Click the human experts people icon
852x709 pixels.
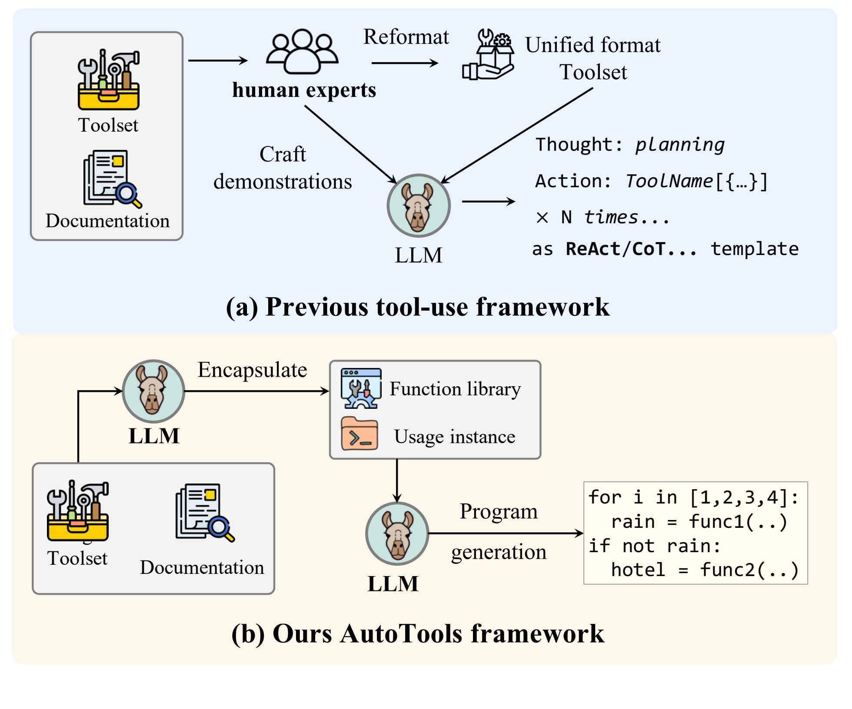(302, 51)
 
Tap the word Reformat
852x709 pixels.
(406, 37)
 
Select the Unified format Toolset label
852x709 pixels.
(592, 58)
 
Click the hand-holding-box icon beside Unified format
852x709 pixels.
(488, 55)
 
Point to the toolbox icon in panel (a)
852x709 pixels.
(108, 80)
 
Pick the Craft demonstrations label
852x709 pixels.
(283, 168)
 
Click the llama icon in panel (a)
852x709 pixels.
(419, 206)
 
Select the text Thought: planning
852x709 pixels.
(629, 145)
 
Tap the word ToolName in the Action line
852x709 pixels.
(669, 181)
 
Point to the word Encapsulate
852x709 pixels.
(252, 370)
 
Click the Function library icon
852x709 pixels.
(361, 388)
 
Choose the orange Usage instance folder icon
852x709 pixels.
(359, 434)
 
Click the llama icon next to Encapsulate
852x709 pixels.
(153, 391)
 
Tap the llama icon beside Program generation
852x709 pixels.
(397, 533)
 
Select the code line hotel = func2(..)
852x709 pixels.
(704, 570)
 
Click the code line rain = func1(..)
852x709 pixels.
(699, 522)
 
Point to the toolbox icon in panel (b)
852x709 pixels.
(78, 511)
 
